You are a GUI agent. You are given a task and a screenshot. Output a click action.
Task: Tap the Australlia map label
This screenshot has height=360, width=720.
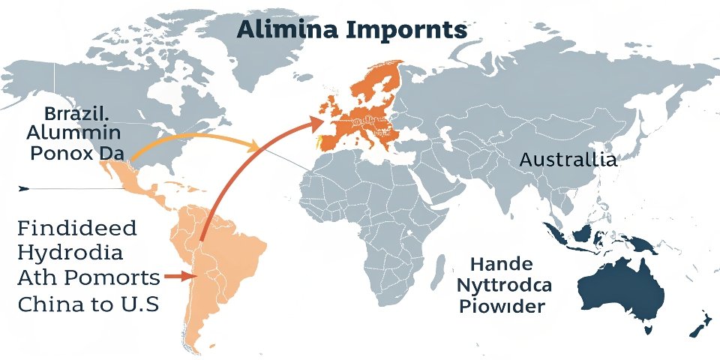click(568, 160)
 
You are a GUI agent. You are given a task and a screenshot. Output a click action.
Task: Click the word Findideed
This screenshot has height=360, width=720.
click(76, 228)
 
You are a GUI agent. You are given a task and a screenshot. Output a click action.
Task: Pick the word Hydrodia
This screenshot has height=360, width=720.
click(68, 253)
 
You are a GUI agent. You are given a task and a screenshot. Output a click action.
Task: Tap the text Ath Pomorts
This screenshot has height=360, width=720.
click(88, 278)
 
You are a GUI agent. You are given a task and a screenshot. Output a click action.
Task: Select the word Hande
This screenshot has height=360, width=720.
click(502, 264)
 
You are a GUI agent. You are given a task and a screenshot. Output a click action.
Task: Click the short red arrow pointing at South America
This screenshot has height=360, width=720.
click(177, 277)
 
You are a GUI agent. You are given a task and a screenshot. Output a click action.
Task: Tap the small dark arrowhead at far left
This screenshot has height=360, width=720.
click(23, 187)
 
